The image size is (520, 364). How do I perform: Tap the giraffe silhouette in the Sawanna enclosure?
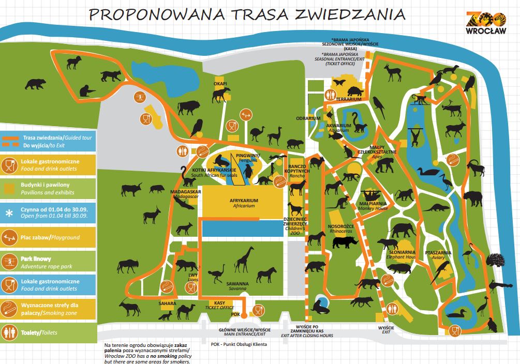coord(245,259)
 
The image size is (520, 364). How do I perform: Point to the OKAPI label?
coord(220,83)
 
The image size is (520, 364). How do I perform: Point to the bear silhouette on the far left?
coord(35,83)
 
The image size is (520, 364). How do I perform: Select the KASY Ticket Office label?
coord(219,305)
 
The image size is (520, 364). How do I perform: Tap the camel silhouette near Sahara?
coord(185,311)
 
